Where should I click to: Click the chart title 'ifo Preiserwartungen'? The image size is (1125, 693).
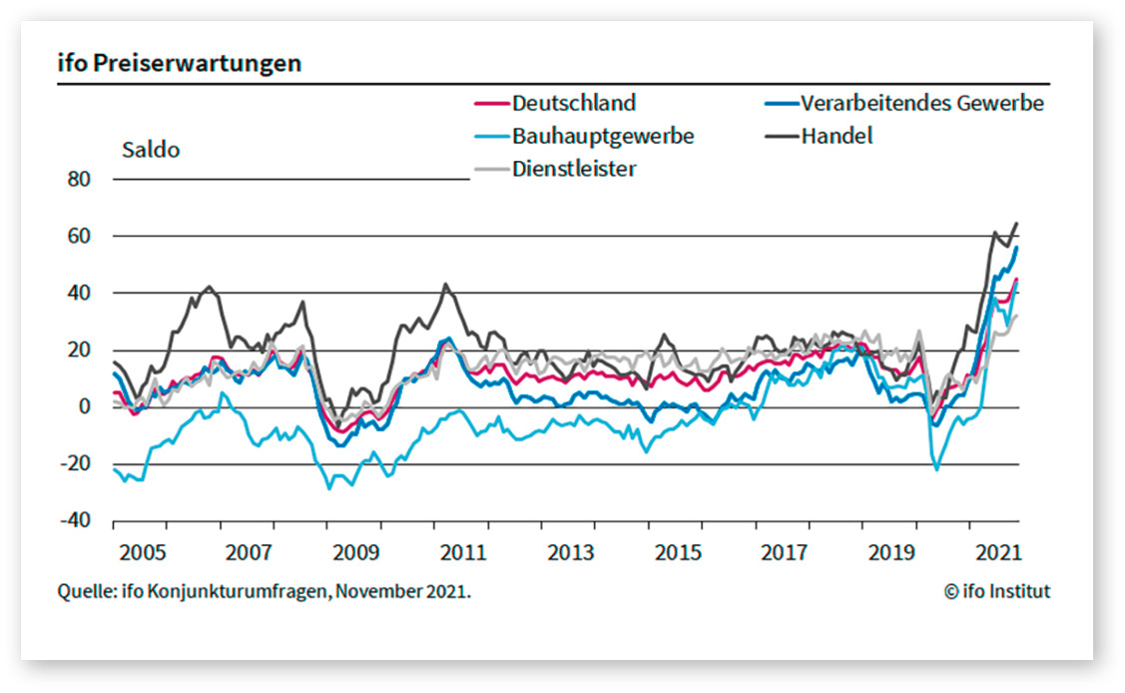180,64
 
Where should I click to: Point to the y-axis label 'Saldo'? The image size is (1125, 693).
151,151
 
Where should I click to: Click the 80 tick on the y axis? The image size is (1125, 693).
79,180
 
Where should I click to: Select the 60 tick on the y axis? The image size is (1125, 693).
79,237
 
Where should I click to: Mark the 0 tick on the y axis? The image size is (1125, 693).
85,407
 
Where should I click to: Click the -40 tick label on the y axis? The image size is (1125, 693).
76,521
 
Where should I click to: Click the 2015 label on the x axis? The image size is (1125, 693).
676,552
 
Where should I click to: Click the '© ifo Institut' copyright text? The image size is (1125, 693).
997,592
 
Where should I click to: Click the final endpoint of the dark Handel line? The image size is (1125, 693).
1017,223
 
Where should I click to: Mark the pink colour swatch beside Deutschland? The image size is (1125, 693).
489,103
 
